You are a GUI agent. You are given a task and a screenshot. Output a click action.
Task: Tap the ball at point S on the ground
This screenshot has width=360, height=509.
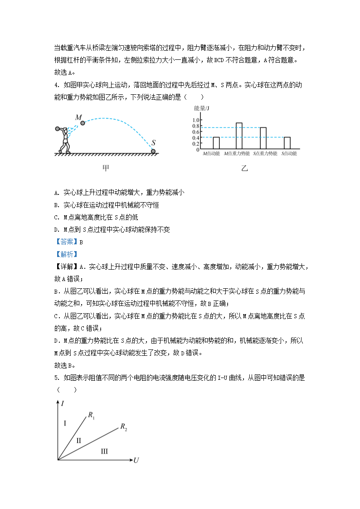tap(153, 151)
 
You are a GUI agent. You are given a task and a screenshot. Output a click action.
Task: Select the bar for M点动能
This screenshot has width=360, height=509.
tap(216, 143)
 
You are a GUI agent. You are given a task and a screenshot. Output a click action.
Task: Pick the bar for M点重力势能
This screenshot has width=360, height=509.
tap(239, 136)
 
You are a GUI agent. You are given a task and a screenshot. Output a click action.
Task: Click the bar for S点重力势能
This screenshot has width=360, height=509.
tap(263, 138)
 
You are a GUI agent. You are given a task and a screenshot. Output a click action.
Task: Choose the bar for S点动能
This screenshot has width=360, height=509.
tap(287, 143)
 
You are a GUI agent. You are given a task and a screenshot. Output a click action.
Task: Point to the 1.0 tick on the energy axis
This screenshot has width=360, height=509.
tap(196, 120)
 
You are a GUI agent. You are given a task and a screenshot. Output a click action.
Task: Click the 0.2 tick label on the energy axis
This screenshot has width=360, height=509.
tap(196, 144)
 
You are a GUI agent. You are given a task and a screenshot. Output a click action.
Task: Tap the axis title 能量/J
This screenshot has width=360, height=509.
tap(201, 108)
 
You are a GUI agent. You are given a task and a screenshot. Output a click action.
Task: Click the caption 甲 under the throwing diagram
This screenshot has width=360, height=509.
tap(106, 168)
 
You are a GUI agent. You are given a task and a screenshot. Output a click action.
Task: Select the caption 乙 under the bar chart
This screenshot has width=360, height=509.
tap(245, 168)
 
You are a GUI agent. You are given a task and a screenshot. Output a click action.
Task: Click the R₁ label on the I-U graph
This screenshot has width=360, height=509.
tap(92, 414)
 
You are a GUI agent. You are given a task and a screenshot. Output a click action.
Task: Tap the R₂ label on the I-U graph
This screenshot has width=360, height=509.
tap(124, 426)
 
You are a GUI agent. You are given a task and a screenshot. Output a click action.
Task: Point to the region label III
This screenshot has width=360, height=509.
tap(104, 451)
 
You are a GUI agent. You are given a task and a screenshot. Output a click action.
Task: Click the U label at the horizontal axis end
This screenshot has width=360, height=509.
tap(136, 461)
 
